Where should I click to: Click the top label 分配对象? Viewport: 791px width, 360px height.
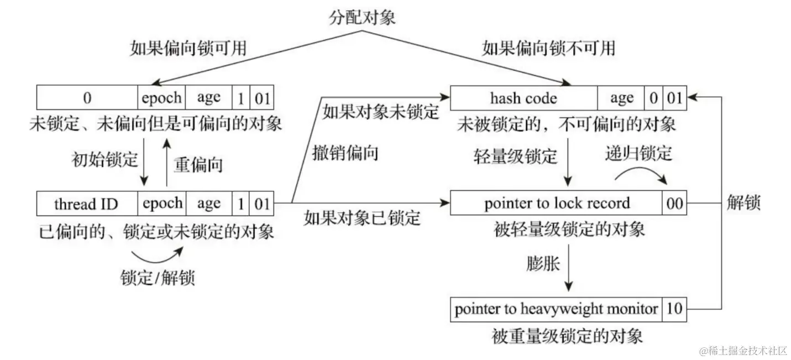pos(362,17)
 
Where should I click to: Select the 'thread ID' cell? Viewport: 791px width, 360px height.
pos(86,204)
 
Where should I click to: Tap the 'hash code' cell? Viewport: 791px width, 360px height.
pos(523,98)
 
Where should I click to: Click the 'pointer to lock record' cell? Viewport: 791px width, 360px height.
pos(557,204)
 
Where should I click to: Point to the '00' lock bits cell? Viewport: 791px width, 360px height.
pos(674,204)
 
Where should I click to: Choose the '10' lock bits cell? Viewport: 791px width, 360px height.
pos(674,309)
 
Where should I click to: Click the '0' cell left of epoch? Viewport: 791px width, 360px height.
pos(87,98)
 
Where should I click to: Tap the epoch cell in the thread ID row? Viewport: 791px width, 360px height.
pos(161,204)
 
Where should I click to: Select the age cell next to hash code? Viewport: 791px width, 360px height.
pos(621,98)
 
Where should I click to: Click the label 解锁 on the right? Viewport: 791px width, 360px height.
pos(743,203)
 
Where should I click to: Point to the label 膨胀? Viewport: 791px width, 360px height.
pos(543,263)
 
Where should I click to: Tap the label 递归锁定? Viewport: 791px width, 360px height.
pos(638,153)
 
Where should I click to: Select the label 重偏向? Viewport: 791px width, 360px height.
pos(198,165)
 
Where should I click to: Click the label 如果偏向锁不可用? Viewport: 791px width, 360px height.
pos(548,48)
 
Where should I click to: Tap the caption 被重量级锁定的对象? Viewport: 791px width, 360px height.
pos(567,336)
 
